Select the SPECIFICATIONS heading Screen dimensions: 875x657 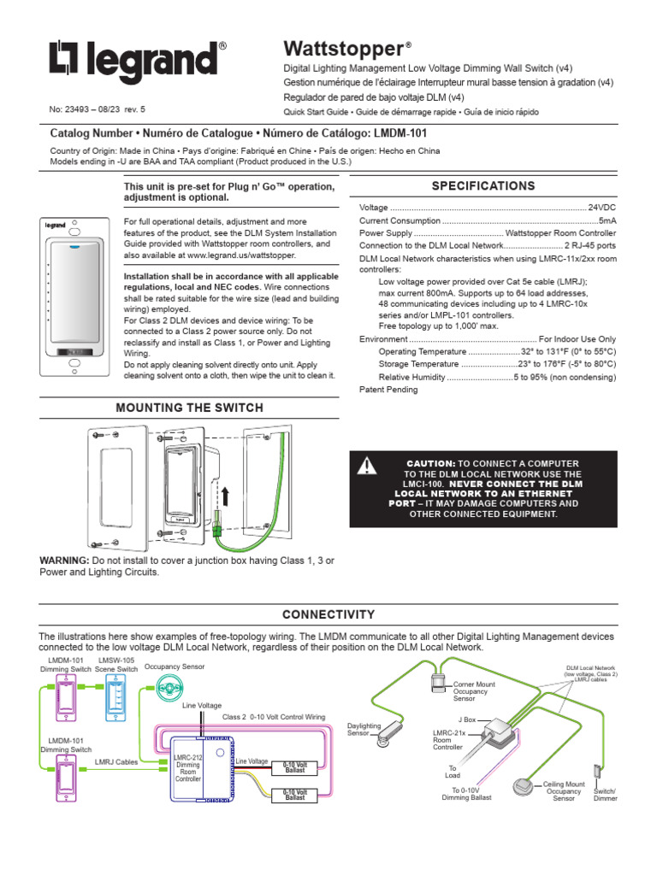pyautogui.click(x=483, y=185)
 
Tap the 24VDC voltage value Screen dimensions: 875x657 pyautogui.click(x=601, y=208)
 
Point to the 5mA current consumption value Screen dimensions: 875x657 pyautogui.click(x=607, y=220)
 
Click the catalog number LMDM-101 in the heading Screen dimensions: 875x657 pyautogui.click(x=400, y=134)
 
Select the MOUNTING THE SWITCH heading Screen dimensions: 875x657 pyautogui.click(x=189, y=408)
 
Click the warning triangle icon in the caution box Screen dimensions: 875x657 pyautogui.click(x=367, y=466)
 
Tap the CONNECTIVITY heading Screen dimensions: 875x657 pyautogui.click(x=328, y=614)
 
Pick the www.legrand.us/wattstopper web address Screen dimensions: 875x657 pyautogui.click(x=240, y=255)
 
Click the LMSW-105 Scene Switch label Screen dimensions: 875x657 pyautogui.click(x=116, y=665)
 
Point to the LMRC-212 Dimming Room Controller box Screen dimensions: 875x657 pyautogui.click(x=187, y=765)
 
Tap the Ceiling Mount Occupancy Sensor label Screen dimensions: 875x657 pyautogui.click(x=564, y=790)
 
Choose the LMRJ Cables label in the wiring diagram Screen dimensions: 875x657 pyautogui.click(x=116, y=760)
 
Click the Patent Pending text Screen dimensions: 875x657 pyautogui.click(x=388, y=390)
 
